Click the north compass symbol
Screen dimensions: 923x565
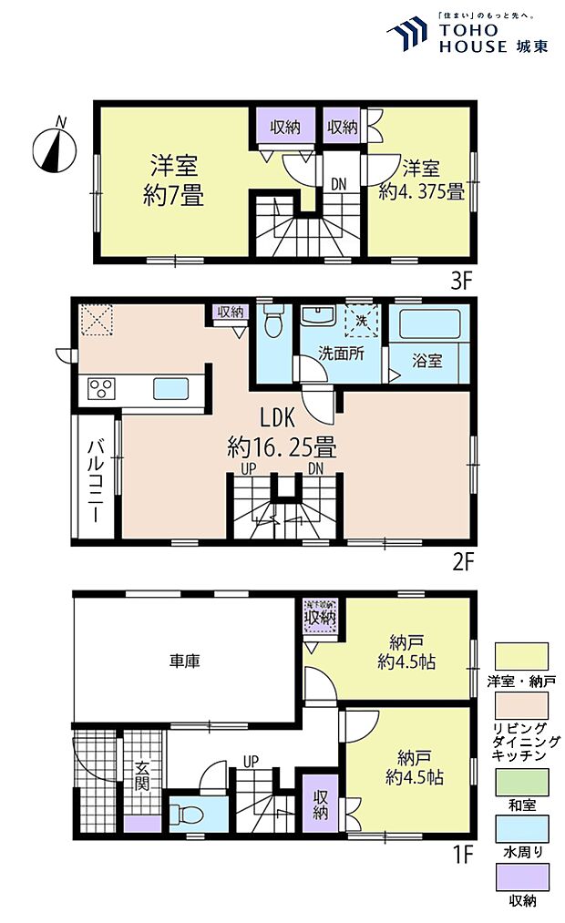pos(54,147)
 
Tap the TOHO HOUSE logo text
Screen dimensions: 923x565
pos(474,38)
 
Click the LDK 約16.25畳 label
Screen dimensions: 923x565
pos(282,434)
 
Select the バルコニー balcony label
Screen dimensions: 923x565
pos(95,480)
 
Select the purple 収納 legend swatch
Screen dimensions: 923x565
pos(521,877)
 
